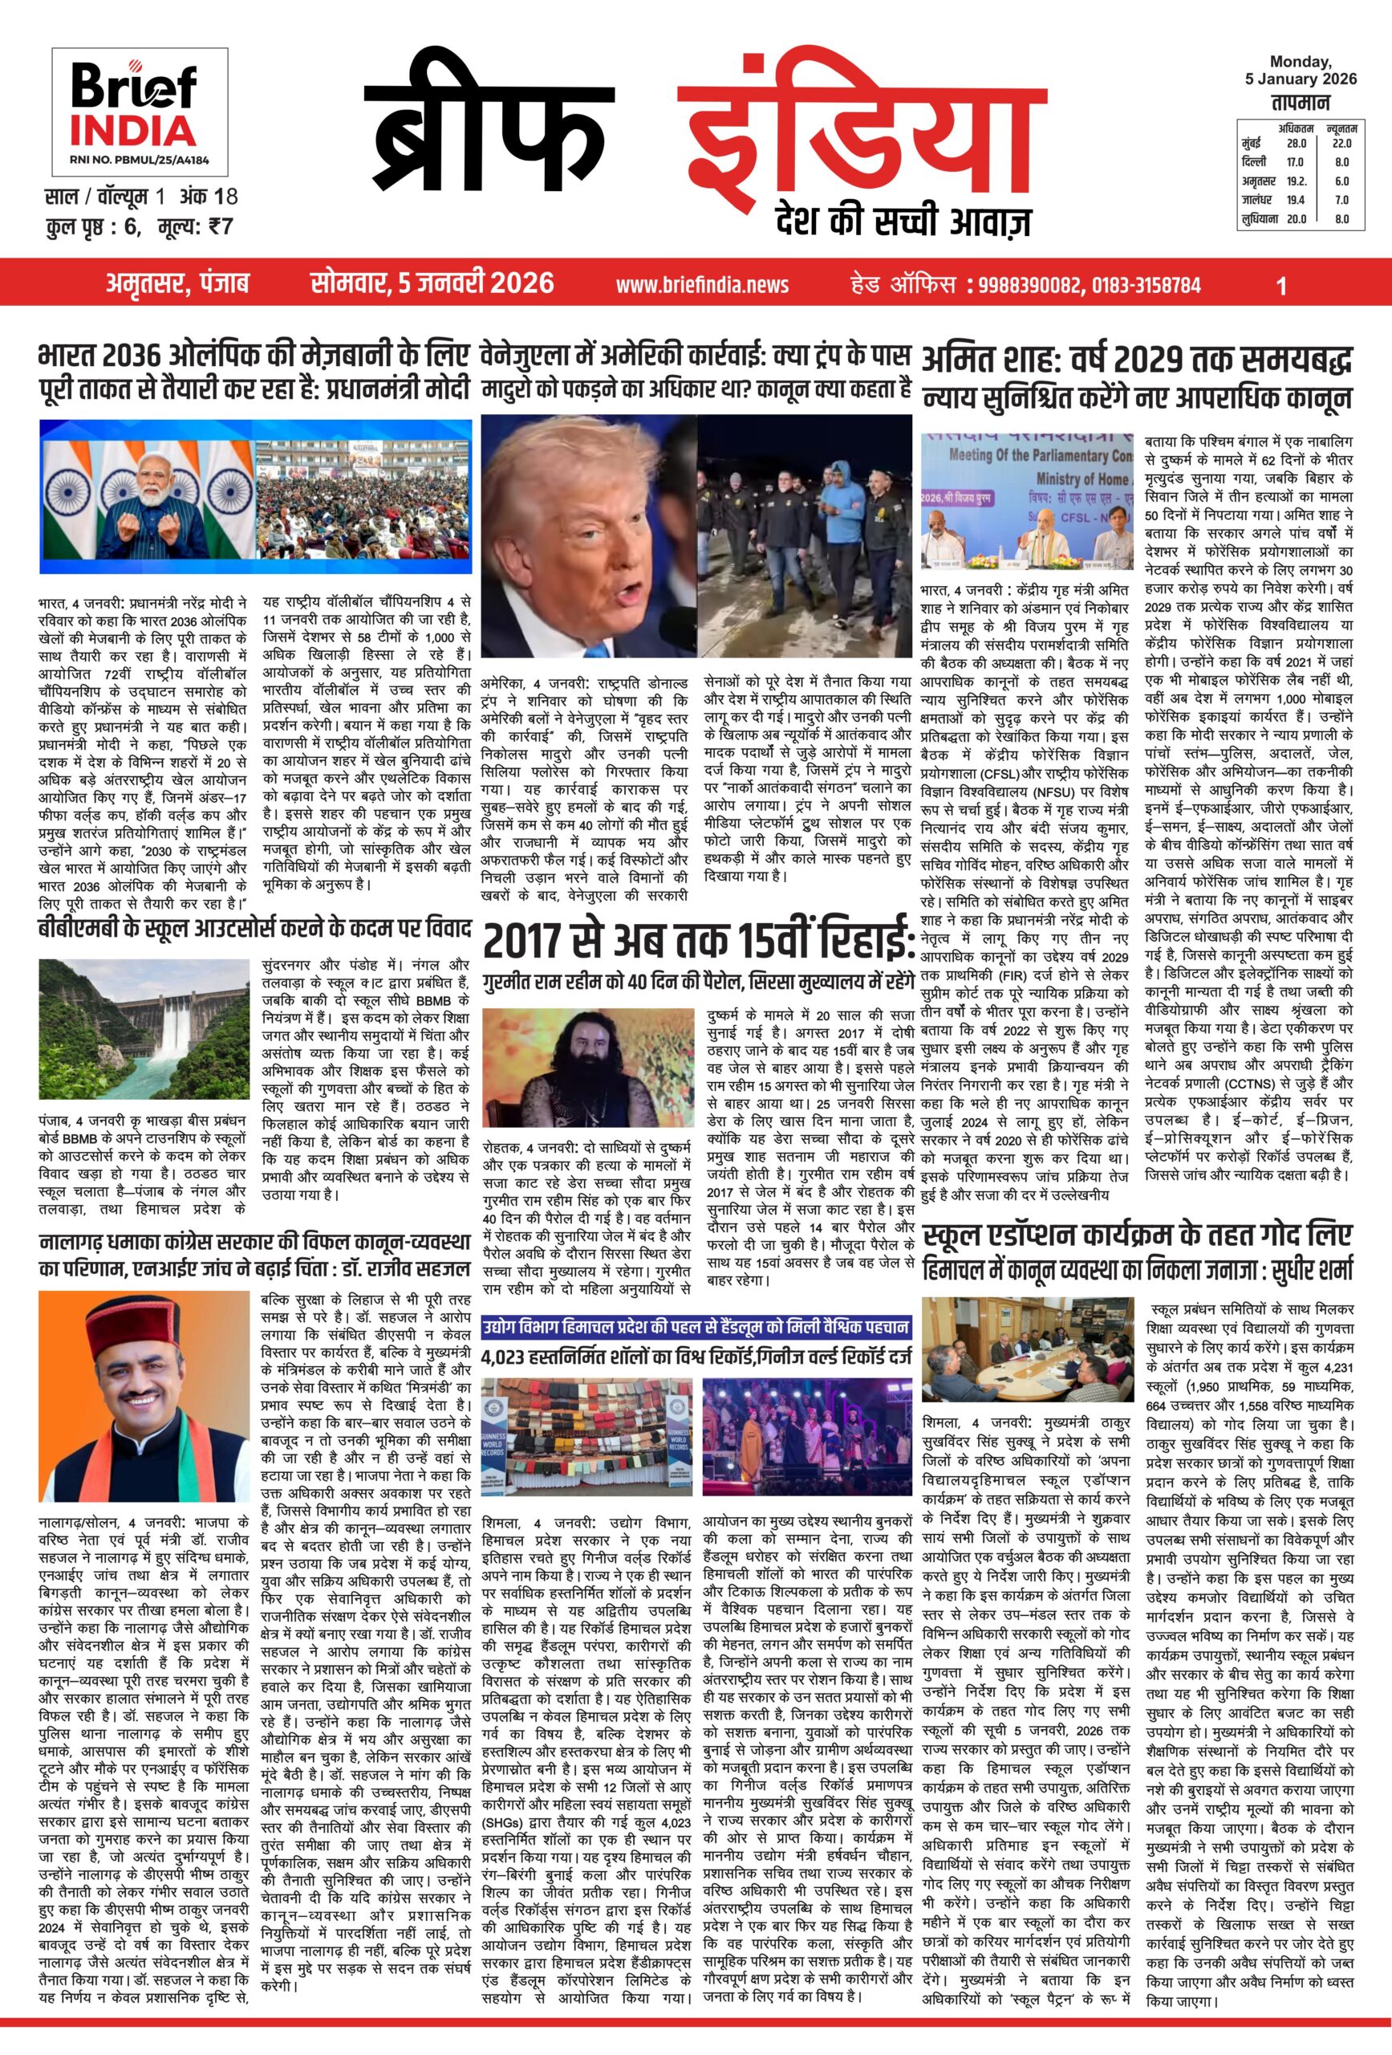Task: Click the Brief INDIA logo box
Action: coord(139,111)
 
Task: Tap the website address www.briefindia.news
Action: coord(702,285)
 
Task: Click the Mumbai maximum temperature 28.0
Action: coord(1296,143)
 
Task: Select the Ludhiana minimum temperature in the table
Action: coord(1341,219)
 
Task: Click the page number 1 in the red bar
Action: coord(1281,285)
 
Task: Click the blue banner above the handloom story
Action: coord(696,1326)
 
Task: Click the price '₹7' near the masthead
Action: coord(216,226)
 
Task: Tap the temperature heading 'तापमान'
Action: coord(1300,103)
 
